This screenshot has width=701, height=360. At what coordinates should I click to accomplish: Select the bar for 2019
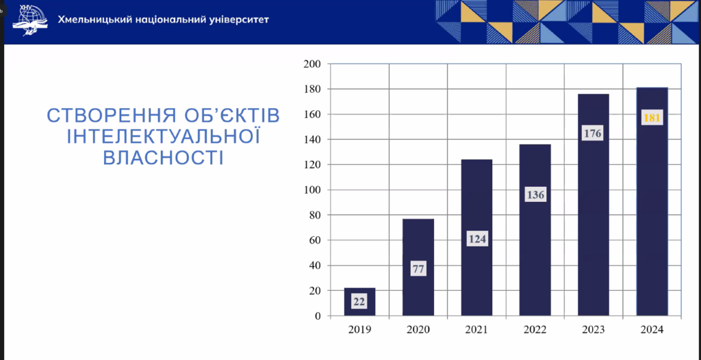pyautogui.click(x=359, y=302)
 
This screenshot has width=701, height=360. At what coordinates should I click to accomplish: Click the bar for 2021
pyautogui.click(x=476, y=237)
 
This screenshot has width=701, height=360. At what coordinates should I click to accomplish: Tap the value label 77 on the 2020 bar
pyautogui.click(x=418, y=269)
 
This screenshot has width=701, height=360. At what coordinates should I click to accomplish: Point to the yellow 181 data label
pyautogui.click(x=652, y=118)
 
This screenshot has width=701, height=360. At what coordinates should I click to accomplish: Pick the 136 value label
pyautogui.click(x=535, y=195)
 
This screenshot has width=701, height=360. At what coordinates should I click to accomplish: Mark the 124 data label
pyautogui.click(x=477, y=240)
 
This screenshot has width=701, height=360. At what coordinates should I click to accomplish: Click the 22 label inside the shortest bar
pyautogui.click(x=359, y=301)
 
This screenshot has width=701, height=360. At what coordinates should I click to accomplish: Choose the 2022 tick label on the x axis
pyautogui.click(x=535, y=330)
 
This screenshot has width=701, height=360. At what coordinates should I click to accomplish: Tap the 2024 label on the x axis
pyautogui.click(x=652, y=330)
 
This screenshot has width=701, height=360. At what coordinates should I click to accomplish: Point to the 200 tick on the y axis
pyautogui.click(x=312, y=64)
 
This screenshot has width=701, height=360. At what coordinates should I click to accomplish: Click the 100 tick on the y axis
pyautogui.click(x=312, y=190)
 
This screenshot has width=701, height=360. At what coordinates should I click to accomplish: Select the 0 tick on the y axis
pyautogui.click(x=318, y=316)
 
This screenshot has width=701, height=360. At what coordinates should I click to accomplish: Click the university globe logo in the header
pyautogui.click(x=30, y=21)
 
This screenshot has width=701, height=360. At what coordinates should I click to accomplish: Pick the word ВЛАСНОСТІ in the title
pyautogui.click(x=164, y=158)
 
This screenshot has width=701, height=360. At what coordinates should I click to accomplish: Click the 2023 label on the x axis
pyautogui.click(x=594, y=330)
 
